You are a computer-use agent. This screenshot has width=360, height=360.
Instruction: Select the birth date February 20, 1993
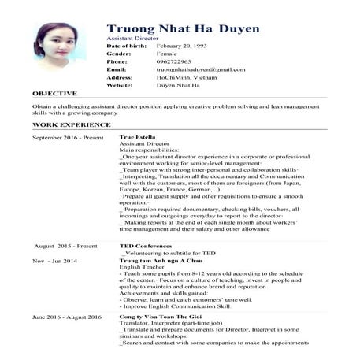pos(184,47)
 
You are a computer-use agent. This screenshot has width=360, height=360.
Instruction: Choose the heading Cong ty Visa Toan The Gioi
pos(163,316)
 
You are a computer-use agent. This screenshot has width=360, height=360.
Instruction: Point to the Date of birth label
pos(126,47)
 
